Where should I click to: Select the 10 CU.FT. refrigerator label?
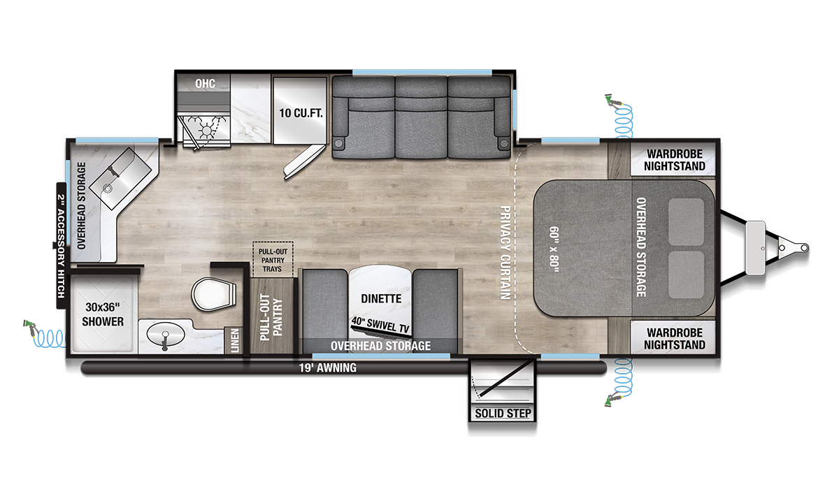(301, 112)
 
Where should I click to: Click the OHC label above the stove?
(205, 84)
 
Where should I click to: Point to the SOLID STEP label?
(503, 413)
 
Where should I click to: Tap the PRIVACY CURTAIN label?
(504, 254)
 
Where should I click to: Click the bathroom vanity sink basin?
(165, 337)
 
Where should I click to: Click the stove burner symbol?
(208, 129)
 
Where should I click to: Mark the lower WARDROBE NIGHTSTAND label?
(674, 338)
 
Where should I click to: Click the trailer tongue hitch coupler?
(796, 247)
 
